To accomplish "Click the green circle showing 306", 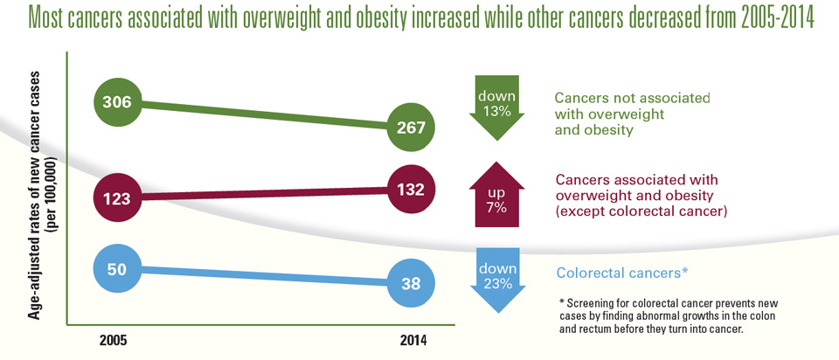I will click(116, 102).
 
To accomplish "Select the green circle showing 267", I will click(410, 128).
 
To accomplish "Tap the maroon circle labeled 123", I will click(116, 198).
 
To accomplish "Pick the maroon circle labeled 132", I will click(410, 189).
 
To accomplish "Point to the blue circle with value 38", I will click(410, 283).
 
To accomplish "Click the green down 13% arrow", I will click(496, 106).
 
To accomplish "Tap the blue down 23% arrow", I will click(496, 278).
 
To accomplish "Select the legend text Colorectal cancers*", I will click(621, 273).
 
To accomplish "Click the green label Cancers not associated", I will click(632, 99).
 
